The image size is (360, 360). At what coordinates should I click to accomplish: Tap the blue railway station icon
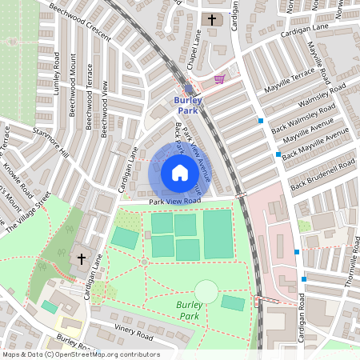(x=188, y=90)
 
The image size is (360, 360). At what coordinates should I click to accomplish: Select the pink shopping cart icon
(x=219, y=79)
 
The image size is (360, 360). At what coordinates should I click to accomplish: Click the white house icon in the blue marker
(x=180, y=173)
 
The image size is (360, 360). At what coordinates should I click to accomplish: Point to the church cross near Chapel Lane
(x=211, y=19)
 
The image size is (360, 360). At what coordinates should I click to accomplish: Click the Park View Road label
(x=174, y=202)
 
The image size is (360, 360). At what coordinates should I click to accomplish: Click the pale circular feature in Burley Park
(x=206, y=291)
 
